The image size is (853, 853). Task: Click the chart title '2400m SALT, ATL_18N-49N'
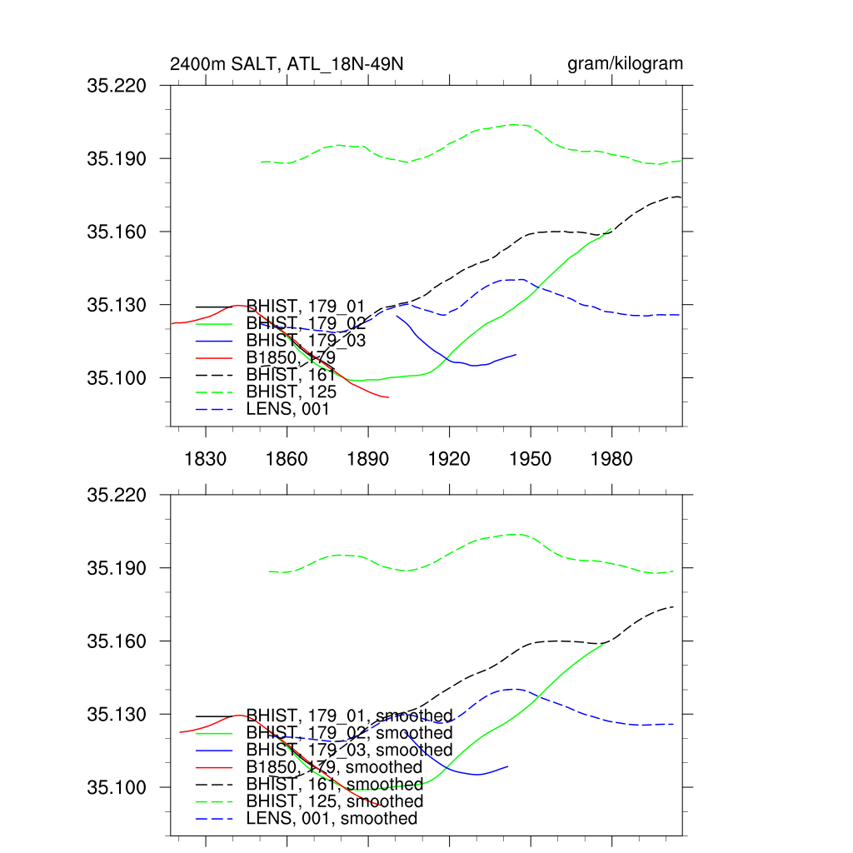coord(287,64)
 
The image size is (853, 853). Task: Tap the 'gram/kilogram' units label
coord(625,64)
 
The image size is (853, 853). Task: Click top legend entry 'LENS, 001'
coord(288,409)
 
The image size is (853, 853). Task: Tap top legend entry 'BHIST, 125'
coord(292,392)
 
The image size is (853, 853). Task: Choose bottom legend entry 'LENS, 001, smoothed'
coord(332,819)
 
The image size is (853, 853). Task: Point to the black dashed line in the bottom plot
coord(550,641)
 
